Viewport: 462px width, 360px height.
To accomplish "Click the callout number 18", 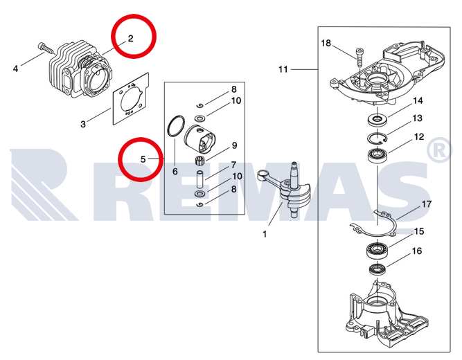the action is click(x=326, y=44).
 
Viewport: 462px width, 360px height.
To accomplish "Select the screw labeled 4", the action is click(x=46, y=48).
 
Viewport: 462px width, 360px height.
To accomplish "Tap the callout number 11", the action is click(x=283, y=69).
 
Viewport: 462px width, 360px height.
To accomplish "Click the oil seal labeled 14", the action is click(x=377, y=119).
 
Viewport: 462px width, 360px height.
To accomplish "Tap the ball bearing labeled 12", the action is click(x=377, y=154).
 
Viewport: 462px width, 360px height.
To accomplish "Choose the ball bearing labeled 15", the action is click(x=376, y=249).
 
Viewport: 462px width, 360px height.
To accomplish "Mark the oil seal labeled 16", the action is click(x=377, y=269).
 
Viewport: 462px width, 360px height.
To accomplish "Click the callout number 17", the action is click(x=427, y=204).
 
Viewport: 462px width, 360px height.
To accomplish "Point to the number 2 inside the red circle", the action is click(x=130, y=38).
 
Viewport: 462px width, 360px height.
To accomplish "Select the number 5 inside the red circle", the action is click(x=143, y=159).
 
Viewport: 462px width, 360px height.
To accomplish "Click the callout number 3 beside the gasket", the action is click(x=83, y=124).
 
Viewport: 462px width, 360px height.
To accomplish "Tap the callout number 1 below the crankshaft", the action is click(x=265, y=234).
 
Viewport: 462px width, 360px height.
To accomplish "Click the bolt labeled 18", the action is click(x=359, y=58).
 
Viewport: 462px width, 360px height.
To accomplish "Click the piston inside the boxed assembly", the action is click(x=200, y=138).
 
